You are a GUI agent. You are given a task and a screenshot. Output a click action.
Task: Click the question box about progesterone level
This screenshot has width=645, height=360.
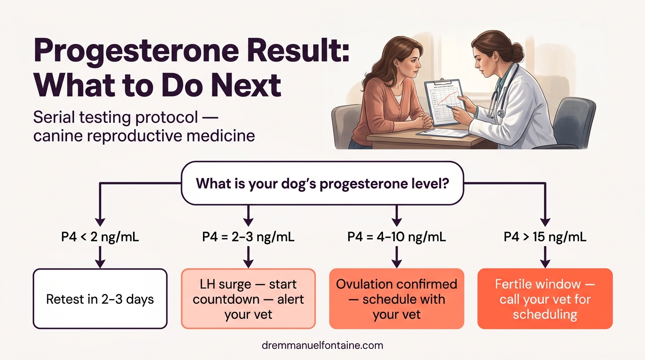[x=322, y=183]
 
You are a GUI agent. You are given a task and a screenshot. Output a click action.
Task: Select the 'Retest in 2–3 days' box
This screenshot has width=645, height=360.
[x=100, y=299]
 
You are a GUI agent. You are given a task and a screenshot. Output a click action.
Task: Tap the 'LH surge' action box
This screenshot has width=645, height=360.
[x=248, y=299]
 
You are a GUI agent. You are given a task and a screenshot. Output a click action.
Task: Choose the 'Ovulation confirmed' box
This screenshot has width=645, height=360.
[x=397, y=299]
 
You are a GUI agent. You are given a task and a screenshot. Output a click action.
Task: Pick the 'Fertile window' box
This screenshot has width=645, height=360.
[x=545, y=299]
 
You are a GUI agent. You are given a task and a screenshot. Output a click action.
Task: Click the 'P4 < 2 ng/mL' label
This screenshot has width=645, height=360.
[x=100, y=237]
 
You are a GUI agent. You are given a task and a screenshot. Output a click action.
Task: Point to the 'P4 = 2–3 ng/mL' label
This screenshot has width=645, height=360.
[x=248, y=237]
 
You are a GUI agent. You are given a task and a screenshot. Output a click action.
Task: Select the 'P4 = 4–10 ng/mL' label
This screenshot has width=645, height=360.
[x=397, y=237]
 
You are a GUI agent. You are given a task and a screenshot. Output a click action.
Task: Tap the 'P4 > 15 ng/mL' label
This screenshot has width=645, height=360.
[x=545, y=237]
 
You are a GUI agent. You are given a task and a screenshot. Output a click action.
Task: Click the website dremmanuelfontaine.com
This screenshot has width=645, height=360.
[x=322, y=346]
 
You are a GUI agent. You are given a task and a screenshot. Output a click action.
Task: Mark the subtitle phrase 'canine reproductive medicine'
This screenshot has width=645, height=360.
[x=144, y=136]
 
